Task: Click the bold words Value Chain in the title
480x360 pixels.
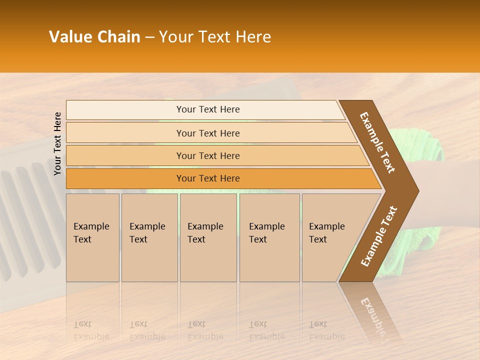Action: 94,37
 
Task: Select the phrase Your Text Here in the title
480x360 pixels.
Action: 215,37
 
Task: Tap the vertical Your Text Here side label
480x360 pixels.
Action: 57,143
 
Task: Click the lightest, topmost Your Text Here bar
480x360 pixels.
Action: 207,109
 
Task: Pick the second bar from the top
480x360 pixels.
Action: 207,133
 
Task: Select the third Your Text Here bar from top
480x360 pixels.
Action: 207,155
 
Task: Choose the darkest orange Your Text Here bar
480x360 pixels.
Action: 207,178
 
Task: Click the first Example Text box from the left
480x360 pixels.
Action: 92,237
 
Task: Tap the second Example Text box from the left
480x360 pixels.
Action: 149,237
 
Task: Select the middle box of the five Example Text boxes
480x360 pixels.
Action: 208,237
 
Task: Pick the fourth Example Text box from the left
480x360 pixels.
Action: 269,237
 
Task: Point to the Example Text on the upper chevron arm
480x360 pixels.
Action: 377,142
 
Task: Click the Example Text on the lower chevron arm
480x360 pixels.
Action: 379,236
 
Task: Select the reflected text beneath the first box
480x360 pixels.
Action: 91,330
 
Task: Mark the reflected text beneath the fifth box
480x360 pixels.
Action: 326,330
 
